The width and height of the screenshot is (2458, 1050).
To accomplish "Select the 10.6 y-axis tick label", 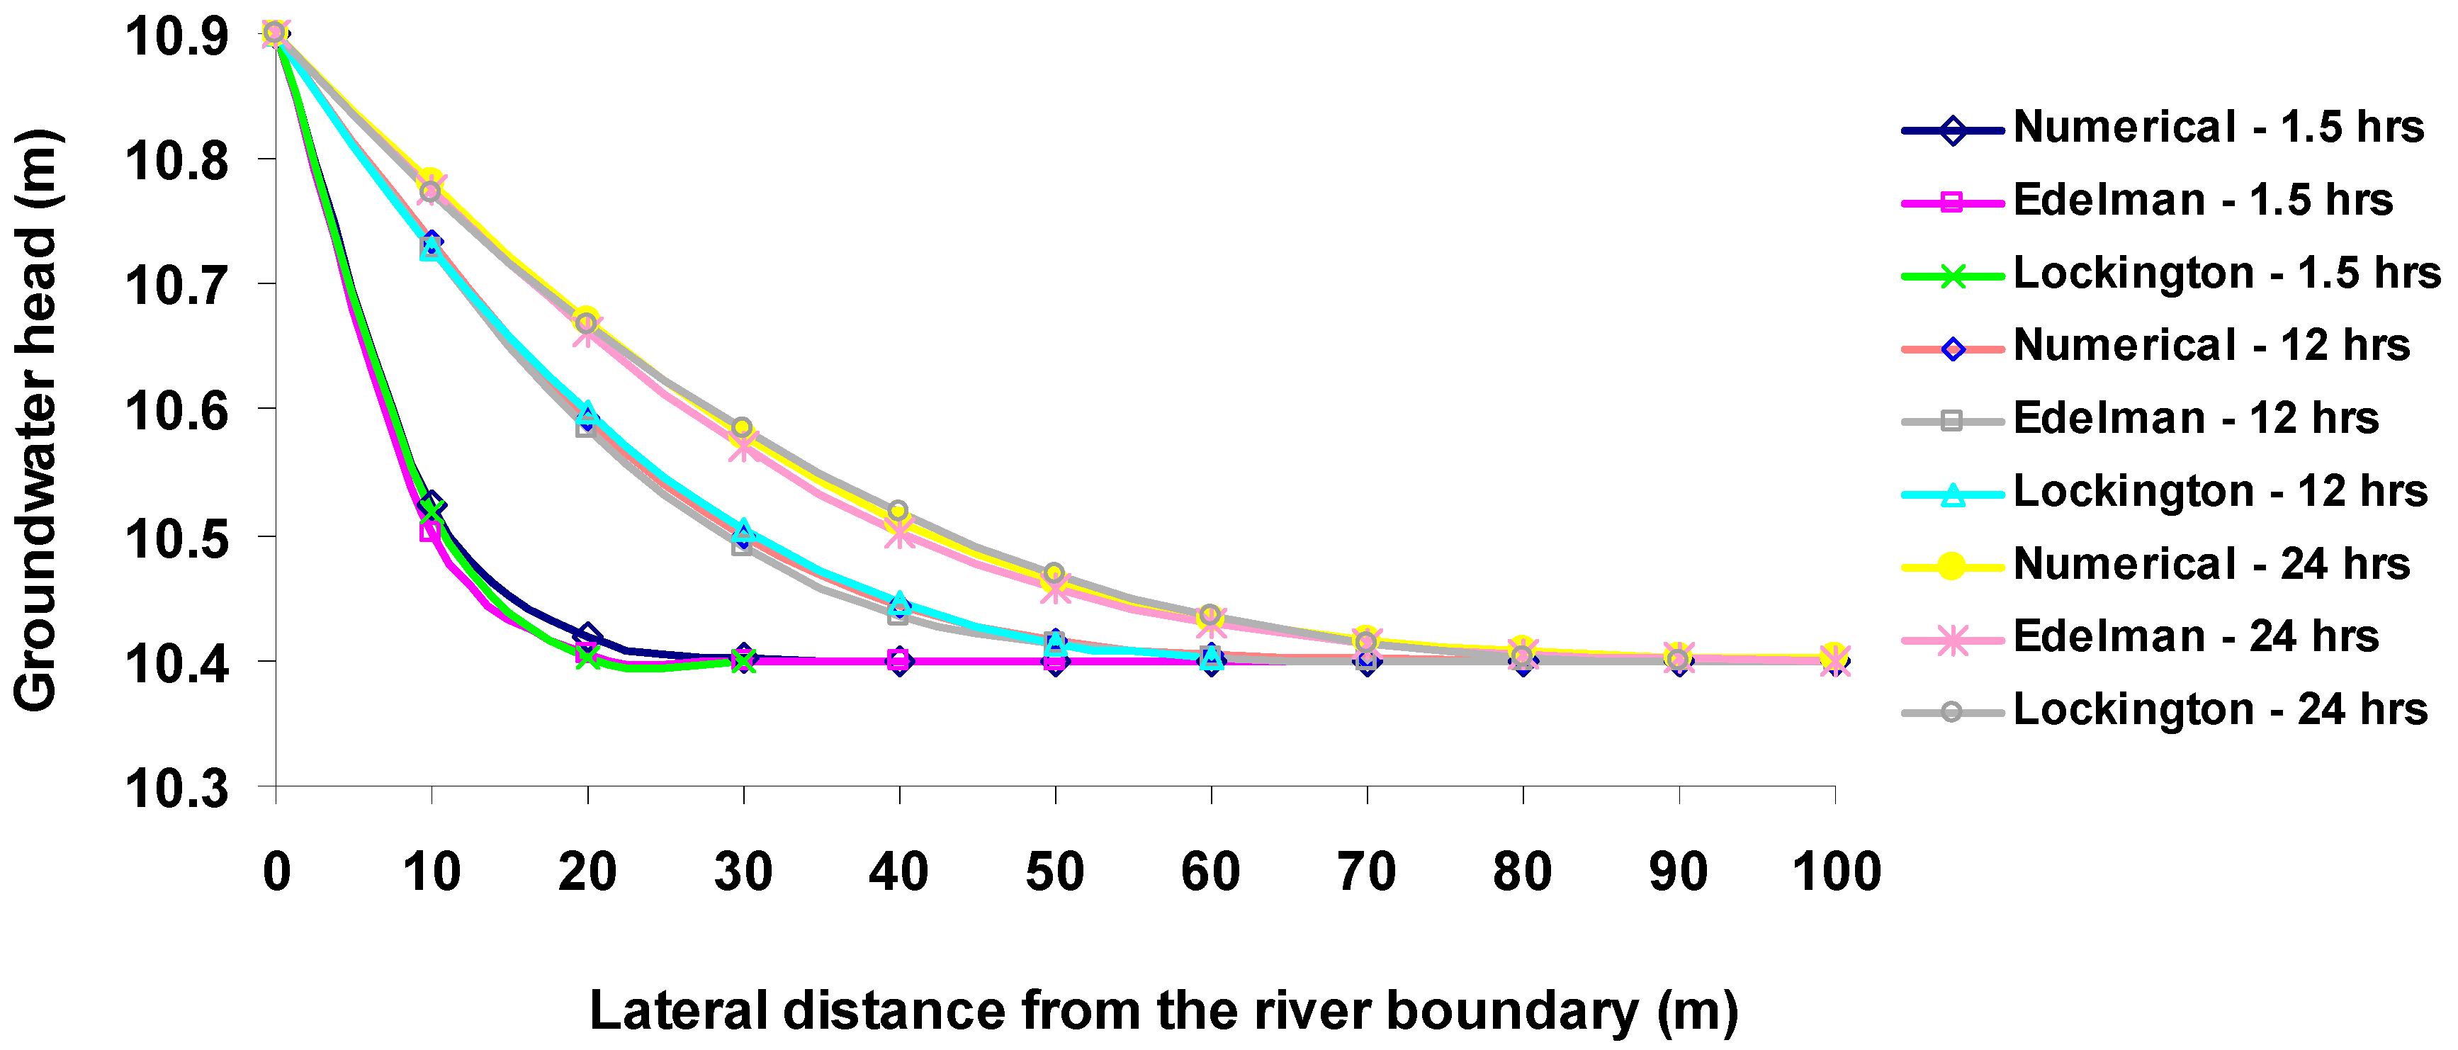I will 176,412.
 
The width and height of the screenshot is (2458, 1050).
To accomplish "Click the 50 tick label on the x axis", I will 1054,872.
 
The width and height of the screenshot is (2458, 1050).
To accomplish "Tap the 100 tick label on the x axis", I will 1836,872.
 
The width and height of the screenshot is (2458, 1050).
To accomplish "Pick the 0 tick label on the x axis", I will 277,872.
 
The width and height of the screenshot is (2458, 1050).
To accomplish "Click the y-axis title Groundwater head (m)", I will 36,420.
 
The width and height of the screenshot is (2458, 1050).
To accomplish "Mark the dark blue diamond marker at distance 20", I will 588,635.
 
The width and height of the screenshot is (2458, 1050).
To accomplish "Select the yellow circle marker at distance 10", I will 432,179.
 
